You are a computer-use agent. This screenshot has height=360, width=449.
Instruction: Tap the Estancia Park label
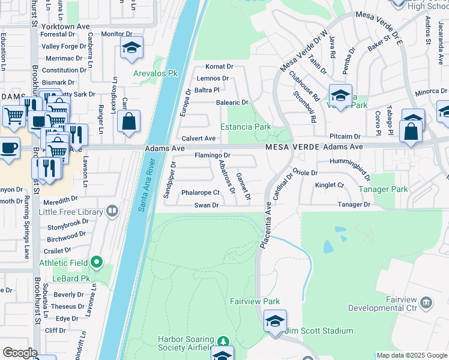point(246,127)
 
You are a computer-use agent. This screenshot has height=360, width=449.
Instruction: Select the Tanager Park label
point(383,189)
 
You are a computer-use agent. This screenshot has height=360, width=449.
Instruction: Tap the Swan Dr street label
point(205,205)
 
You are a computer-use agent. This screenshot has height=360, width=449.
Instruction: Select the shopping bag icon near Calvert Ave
point(129,121)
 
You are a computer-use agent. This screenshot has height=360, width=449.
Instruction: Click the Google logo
point(19,353)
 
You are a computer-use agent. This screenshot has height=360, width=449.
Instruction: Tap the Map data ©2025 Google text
point(412,355)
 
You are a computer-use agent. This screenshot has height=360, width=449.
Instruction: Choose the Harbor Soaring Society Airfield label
point(184,343)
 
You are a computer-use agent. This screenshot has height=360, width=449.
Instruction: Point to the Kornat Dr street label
point(218,67)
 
